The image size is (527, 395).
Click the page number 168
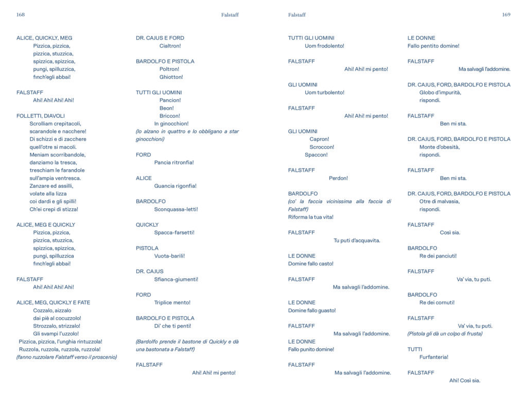21,15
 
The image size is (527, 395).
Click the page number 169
506,15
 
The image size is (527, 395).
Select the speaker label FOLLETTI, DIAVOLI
41,116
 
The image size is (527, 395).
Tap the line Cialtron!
170,46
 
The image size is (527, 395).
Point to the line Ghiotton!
171,77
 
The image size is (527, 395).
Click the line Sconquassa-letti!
176,209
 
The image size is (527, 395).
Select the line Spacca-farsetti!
174,232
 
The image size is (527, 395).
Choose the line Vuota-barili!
169,256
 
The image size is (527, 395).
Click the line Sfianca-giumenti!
176,279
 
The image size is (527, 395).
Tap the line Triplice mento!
172,302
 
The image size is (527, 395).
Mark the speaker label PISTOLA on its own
147,248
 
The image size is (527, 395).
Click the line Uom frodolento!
324,46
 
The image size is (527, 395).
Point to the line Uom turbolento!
324,93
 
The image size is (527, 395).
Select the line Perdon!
338,178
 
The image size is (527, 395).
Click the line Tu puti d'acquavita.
357,240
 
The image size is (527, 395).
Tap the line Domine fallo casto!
311,264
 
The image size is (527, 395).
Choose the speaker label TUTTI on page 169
415,349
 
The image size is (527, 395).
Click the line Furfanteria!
434,357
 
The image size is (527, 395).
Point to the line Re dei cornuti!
437,302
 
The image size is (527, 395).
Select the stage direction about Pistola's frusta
445,333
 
